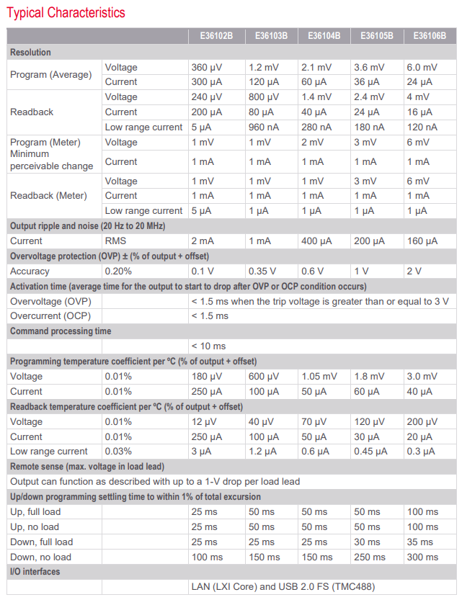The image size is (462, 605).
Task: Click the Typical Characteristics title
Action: click(66, 13)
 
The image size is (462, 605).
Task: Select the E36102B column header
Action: click(216, 36)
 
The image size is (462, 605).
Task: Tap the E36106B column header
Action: click(430, 36)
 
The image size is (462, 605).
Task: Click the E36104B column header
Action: click(324, 36)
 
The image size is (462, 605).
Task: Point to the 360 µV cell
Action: click(206, 68)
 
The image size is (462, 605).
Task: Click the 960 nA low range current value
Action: click(263, 127)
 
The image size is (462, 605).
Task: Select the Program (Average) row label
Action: click(51, 74)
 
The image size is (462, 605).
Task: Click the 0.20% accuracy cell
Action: click(118, 272)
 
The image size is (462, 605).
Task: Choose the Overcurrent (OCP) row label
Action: click(50, 316)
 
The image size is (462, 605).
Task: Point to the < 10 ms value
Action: click(208, 346)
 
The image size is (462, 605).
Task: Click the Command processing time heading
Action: click(61, 331)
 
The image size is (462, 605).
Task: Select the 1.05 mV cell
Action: click(319, 376)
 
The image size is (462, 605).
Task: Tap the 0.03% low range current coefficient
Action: click(118, 452)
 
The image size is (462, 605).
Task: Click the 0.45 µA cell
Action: click(370, 452)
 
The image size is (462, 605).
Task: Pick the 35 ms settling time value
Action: click(419, 542)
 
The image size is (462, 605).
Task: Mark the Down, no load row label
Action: click(40, 557)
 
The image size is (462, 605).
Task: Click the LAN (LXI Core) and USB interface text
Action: click(283, 587)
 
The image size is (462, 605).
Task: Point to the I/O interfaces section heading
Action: click(35, 572)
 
